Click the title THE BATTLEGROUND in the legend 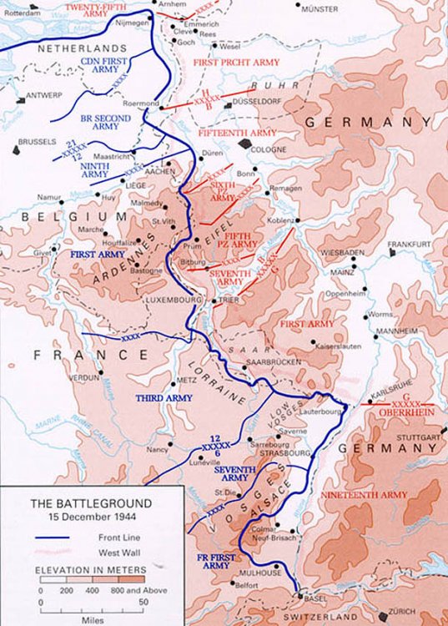click(x=79, y=503)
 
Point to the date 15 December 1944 click(x=79, y=517)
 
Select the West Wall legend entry click(x=104, y=552)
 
